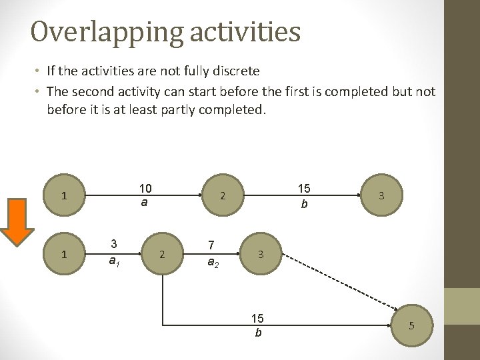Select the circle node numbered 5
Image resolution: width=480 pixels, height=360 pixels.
pos(411,325)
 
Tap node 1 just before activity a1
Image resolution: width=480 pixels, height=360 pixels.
pos(63,254)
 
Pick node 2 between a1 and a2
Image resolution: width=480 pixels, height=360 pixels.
pos(161,254)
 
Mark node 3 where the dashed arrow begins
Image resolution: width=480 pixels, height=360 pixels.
pos(261,254)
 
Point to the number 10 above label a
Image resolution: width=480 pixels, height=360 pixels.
pos(144,187)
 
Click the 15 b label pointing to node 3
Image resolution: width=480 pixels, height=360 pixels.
pos(304,196)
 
